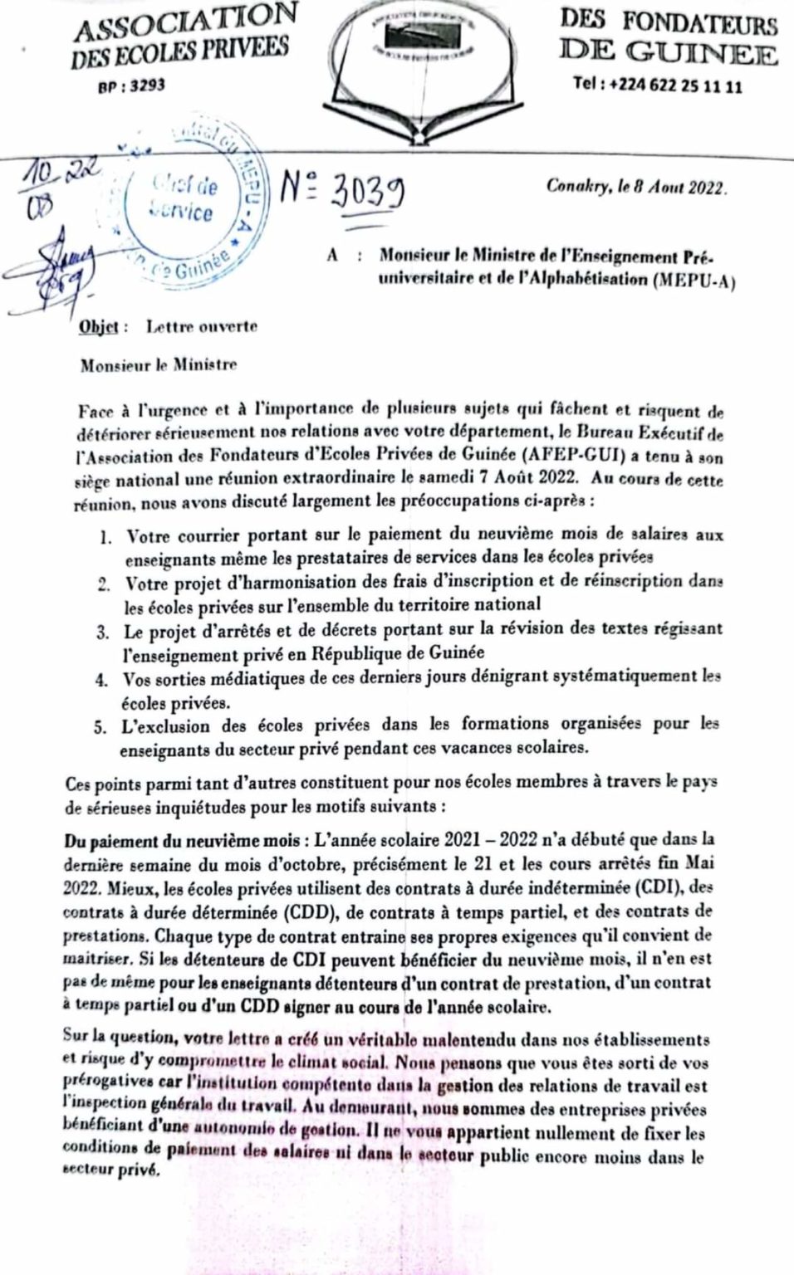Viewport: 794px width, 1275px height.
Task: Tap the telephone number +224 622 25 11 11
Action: pyautogui.click(x=657, y=85)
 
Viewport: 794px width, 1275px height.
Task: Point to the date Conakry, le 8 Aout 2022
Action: pyautogui.click(x=636, y=187)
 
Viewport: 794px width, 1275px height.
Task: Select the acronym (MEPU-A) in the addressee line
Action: pyautogui.click(x=694, y=279)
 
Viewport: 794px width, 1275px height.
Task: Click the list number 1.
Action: pyautogui.click(x=105, y=537)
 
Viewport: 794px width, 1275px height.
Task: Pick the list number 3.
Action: pyautogui.click(x=103, y=633)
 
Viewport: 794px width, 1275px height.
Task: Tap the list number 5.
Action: pyautogui.click(x=100, y=728)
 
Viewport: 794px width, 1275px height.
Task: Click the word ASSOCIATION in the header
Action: pyautogui.click(x=186, y=21)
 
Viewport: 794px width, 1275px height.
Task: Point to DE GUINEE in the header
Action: pyautogui.click(x=669, y=53)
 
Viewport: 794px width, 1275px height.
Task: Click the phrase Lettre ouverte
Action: pyautogui.click(x=202, y=326)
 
